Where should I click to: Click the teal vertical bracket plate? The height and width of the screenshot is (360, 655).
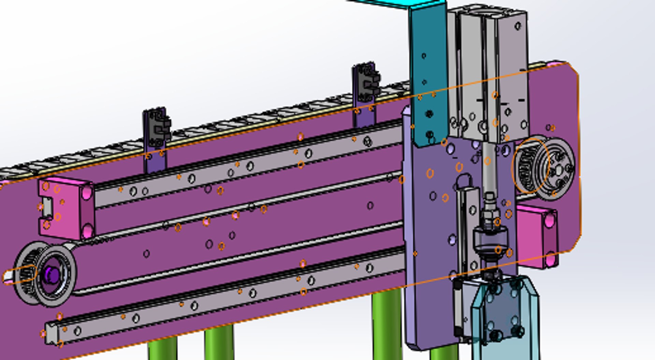pyautogui.click(x=428, y=68)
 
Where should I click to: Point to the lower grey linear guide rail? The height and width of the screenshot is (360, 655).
pyautogui.click(x=222, y=300)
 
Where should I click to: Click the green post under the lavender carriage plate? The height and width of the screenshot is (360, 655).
pyautogui.click(x=443, y=353)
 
